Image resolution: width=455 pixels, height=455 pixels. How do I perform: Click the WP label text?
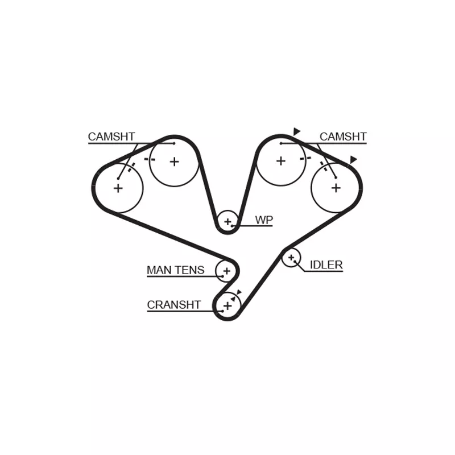[264, 220]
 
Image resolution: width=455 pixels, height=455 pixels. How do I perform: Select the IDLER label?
[326, 264]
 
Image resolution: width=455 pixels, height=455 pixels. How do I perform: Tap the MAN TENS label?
[175, 270]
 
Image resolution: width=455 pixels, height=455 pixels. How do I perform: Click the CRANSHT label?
[173, 305]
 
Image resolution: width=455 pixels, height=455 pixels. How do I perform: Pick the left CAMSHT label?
[111, 136]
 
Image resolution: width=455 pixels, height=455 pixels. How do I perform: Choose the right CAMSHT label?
[343, 136]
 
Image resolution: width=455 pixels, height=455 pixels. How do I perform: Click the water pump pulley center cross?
[228, 222]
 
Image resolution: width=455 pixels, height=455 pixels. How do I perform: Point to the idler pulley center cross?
[291, 258]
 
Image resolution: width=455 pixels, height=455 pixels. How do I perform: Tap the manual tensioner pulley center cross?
[226, 271]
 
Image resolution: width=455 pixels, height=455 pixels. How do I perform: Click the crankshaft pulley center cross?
[228, 305]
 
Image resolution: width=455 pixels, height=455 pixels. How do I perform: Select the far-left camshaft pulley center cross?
[118, 188]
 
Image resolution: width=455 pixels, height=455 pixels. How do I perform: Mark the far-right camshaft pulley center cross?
[336, 188]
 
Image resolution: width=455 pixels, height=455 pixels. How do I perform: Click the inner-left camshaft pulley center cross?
[175, 162]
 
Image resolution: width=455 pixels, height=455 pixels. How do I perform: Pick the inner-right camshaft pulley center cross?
[281, 161]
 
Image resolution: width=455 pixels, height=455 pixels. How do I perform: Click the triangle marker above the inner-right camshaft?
[296, 131]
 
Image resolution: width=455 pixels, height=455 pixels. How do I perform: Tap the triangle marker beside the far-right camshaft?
[353, 160]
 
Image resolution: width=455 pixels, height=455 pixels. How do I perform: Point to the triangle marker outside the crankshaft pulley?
[239, 292]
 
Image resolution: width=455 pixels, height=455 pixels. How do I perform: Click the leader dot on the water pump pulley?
[232, 225]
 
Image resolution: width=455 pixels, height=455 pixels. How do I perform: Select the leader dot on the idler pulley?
[295, 262]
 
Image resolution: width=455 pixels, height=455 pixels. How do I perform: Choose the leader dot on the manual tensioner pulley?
[222, 276]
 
